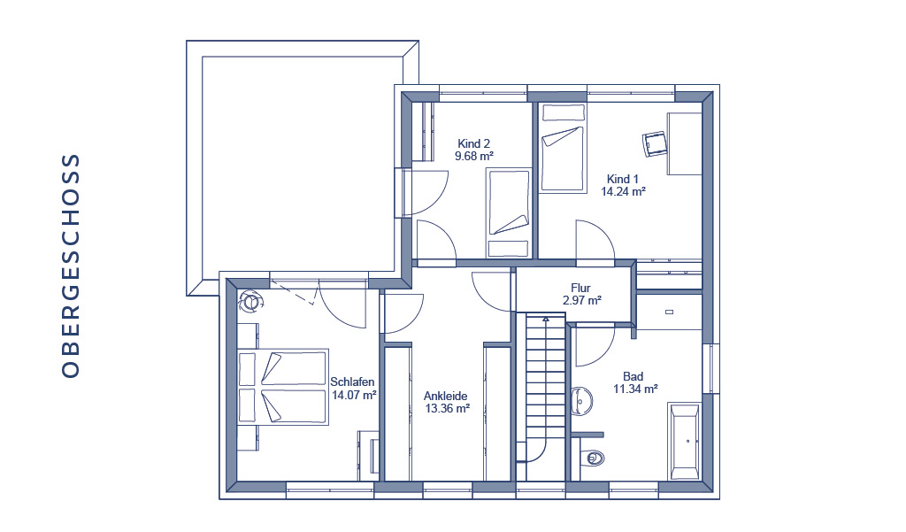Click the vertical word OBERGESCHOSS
tap(71, 266)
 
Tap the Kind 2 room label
tap(474, 143)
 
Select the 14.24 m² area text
tap(623, 191)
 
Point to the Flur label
tap(580, 288)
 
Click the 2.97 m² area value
tap(582, 301)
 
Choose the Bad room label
tap(633, 376)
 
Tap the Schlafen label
tap(352, 382)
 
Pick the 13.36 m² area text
tap(447, 409)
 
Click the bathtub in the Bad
tap(685, 442)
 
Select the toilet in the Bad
tap(590, 458)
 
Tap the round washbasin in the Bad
tap(581, 401)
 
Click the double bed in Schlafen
tap(283, 386)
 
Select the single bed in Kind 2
tap(509, 212)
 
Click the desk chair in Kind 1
tap(655, 143)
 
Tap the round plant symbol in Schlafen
tap(250, 301)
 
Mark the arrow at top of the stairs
tap(545, 318)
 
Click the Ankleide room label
tap(446, 396)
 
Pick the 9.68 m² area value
tap(474, 156)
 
